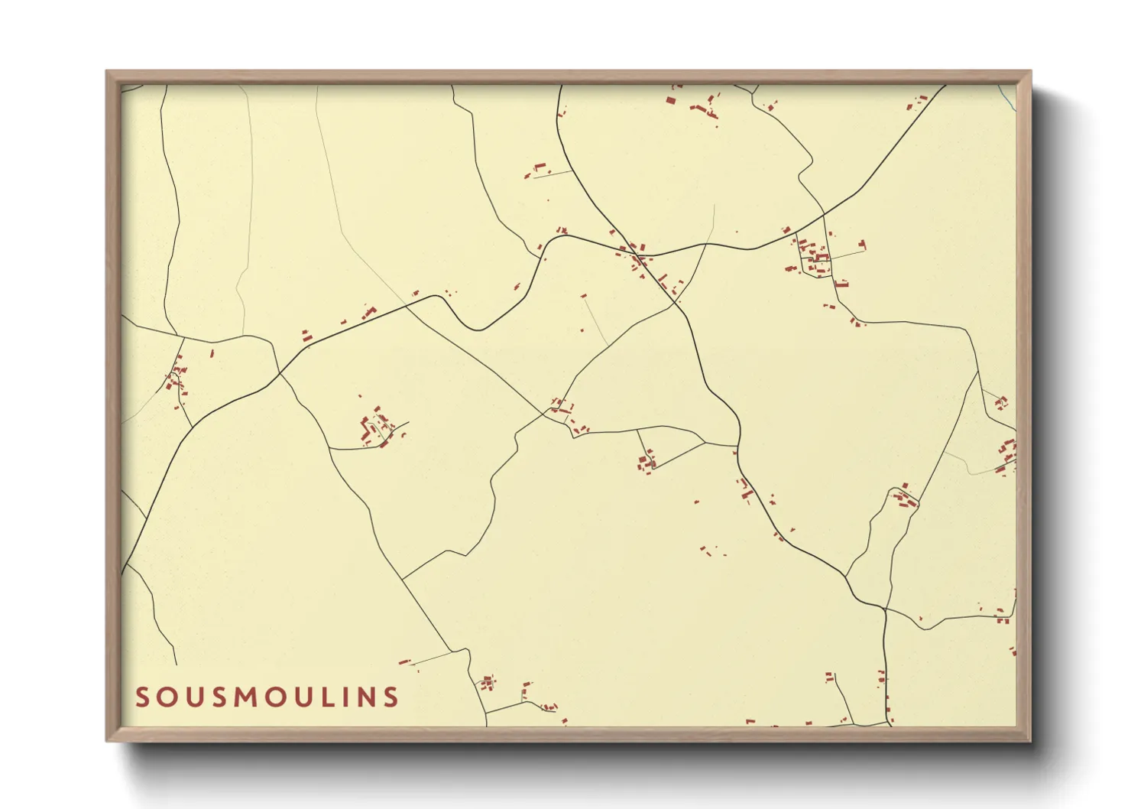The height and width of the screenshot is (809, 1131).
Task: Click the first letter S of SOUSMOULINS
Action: (142, 697)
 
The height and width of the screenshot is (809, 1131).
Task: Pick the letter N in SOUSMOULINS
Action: (368, 697)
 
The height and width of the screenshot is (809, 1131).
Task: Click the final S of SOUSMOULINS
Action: (391, 697)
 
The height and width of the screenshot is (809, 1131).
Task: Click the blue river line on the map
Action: (1007, 96)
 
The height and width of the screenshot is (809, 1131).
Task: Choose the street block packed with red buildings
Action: (813, 258)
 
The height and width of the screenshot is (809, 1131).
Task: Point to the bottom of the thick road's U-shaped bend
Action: (476, 330)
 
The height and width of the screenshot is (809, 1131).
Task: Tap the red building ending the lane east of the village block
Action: (862, 245)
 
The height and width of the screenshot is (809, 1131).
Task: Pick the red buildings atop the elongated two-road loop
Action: (905, 498)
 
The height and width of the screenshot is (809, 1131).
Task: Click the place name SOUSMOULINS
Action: (267, 697)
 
